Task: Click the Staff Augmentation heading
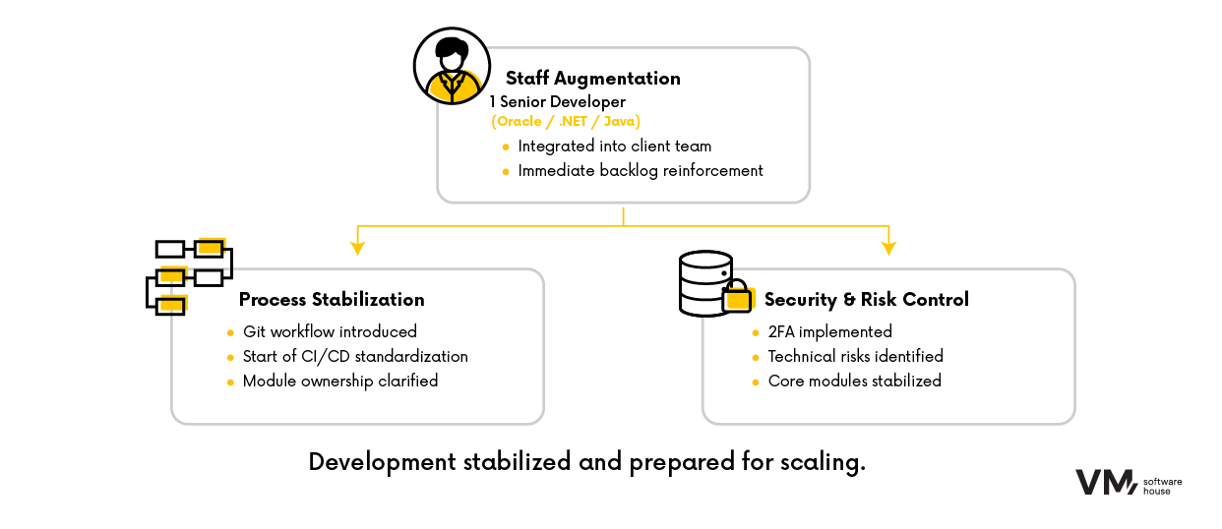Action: [x=592, y=79]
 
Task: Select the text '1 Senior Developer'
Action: [x=557, y=101]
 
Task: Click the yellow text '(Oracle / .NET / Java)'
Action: [x=566, y=121]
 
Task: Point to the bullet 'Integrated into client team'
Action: [x=615, y=146]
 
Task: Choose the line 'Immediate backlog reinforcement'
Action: [x=641, y=170]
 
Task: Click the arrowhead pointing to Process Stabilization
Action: [x=358, y=242]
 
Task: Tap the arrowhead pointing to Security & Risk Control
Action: [x=888, y=242]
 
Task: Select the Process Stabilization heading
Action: [x=332, y=300]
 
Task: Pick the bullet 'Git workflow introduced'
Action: [x=330, y=331]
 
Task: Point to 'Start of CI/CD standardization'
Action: [x=355, y=356]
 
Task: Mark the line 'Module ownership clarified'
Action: [x=340, y=381]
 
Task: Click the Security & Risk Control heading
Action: [x=866, y=300]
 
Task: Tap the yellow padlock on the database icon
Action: [x=737, y=299]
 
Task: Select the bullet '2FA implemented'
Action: [x=829, y=331]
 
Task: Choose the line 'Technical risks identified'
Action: [x=855, y=356]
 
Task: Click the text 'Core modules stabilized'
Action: [x=854, y=381]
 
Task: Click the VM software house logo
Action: [x=1128, y=482]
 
